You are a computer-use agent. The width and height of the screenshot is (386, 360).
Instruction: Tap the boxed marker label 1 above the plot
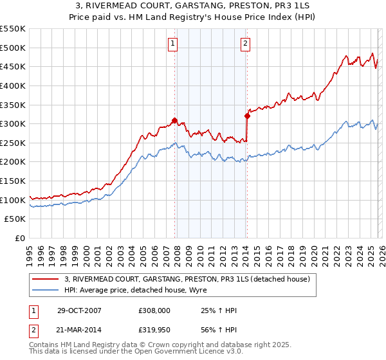pos(174,44)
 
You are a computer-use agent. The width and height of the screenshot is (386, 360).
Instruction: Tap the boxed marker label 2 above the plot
pos(246,44)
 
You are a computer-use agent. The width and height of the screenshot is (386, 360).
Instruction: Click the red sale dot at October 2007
pos(174,120)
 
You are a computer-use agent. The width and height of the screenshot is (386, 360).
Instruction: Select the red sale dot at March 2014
pos(247,116)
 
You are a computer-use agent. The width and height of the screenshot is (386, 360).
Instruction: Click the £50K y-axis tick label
pos(15,219)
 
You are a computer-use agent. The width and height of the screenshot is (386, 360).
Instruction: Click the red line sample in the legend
pos(46,279)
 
